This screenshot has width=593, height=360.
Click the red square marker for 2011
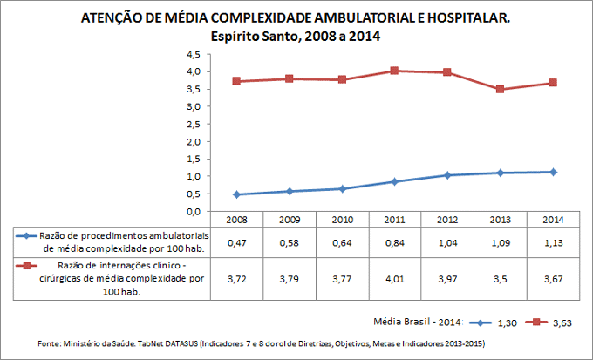tap(394, 71)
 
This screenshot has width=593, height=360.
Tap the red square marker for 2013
tap(500, 89)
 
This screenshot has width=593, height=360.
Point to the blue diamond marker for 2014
tap(553, 172)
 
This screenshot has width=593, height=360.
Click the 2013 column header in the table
tap(500, 220)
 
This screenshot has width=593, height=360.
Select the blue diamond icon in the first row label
tap(27, 235)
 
